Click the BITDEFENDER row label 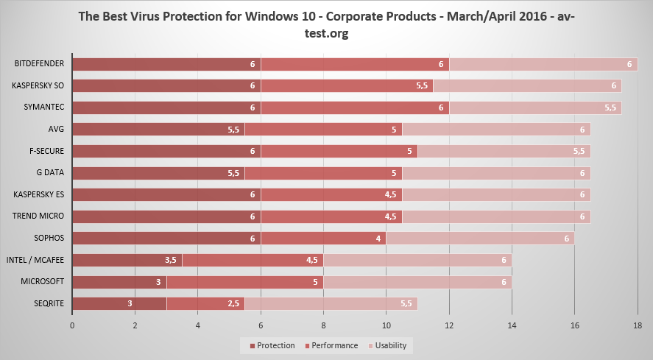(x=39, y=64)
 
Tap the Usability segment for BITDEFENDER (x=543, y=64)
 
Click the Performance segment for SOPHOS (x=323, y=239)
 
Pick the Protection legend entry (x=272, y=345)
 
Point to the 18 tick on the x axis (x=638, y=325)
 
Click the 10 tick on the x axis (x=386, y=325)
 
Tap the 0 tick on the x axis (x=72, y=325)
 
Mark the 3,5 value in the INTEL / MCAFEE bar (x=171, y=261)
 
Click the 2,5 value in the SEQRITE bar (x=233, y=304)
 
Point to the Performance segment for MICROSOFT (x=245, y=282)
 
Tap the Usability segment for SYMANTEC (x=536, y=107)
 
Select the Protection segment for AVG (x=158, y=130)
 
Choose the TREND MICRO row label (x=39, y=216)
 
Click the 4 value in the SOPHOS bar (x=378, y=239)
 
